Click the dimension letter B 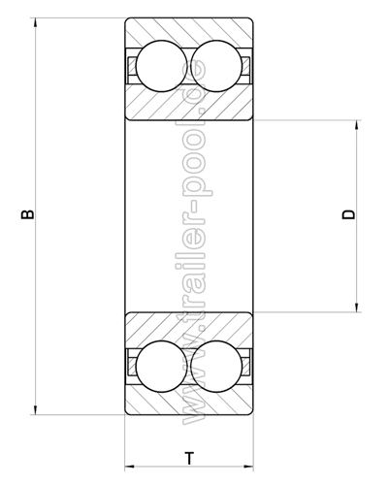coord(27,214)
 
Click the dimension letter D coord(348,214)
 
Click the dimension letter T coord(189,458)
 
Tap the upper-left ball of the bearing coord(162,66)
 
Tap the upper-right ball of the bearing coord(216,66)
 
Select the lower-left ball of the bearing coord(162,367)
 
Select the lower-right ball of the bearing coord(216,367)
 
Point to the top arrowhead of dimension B coord(35,23)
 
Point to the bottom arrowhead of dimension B coord(35,409)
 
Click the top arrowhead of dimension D coord(357,125)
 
